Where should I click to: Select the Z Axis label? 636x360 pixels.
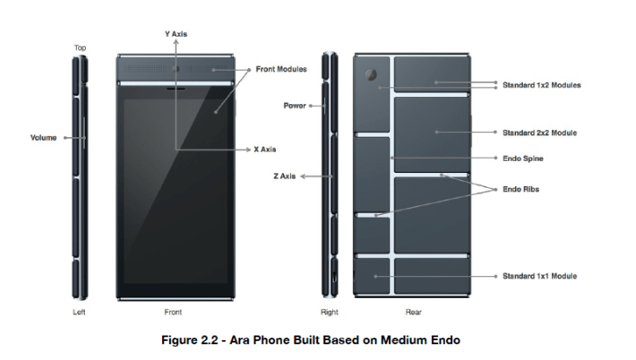[x=284, y=176]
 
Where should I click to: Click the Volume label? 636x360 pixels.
[x=43, y=137]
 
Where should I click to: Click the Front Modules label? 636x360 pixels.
[x=280, y=69]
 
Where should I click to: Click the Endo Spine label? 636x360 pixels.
[x=523, y=159]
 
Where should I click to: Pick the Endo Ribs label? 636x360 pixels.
[x=520, y=189]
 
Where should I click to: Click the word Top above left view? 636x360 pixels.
[x=80, y=47]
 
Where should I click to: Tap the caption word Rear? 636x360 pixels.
[x=414, y=313]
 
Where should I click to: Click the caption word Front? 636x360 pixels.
[x=173, y=313]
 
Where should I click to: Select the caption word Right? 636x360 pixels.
[x=329, y=313]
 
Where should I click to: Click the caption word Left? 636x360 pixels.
[x=79, y=313]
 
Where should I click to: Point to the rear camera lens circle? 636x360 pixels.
[x=370, y=73]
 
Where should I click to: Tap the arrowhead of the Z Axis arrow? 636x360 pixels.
[x=303, y=176]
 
